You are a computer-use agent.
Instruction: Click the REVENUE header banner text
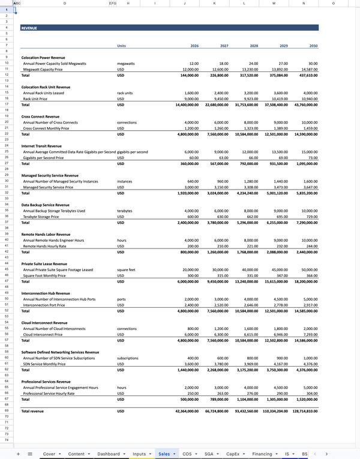[29, 28]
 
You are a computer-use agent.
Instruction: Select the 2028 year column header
[254, 46]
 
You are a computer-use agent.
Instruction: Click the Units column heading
[122, 46]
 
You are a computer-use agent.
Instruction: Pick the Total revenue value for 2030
[303, 411]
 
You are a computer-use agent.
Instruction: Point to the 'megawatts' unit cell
[127, 63]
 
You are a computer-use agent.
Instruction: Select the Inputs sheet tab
[139, 454]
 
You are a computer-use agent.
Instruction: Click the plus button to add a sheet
[19, 454]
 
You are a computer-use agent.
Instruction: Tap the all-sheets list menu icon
[29, 454]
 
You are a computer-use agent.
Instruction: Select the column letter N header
[304, 3]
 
